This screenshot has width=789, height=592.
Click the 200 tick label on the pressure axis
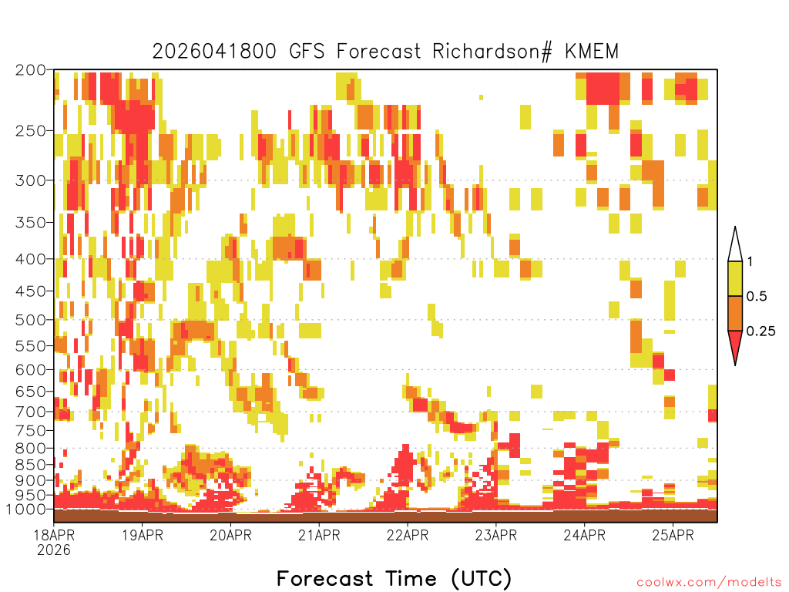click(x=31, y=70)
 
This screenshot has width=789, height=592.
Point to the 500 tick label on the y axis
click(x=31, y=320)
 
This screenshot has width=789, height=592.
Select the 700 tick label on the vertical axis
click(x=31, y=412)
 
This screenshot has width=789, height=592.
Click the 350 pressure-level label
click(x=31, y=223)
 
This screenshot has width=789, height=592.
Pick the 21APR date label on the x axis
click(x=319, y=535)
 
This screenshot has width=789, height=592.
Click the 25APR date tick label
click(x=673, y=535)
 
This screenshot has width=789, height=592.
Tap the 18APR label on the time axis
click(x=54, y=535)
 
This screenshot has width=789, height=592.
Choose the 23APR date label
click(x=495, y=535)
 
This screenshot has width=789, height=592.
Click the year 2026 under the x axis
click(x=54, y=550)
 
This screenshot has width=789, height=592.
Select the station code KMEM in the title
click(x=591, y=52)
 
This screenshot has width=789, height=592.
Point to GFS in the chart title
click(x=307, y=52)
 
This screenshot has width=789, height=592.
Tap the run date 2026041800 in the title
click(x=214, y=52)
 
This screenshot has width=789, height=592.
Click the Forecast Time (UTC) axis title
click(x=394, y=579)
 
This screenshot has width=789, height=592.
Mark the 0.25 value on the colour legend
click(x=760, y=331)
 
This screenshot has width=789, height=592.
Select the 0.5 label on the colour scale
click(x=757, y=296)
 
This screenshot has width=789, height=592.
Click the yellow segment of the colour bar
click(x=735, y=278)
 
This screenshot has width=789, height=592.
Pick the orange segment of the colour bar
click(x=735, y=313)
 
